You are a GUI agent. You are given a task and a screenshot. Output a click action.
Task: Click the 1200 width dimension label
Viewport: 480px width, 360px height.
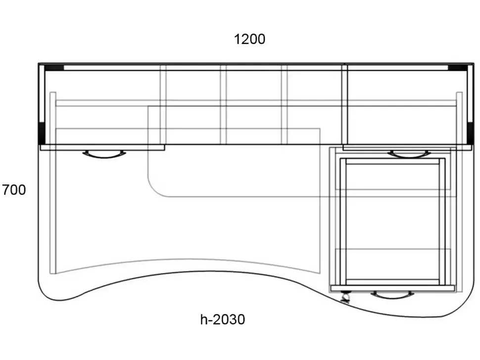[x=249, y=40]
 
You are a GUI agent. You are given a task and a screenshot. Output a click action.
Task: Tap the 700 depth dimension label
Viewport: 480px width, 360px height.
[x=14, y=190]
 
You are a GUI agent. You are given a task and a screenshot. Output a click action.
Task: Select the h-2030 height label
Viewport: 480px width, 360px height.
[x=223, y=319]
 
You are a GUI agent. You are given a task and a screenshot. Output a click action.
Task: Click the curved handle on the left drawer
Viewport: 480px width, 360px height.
[x=104, y=154]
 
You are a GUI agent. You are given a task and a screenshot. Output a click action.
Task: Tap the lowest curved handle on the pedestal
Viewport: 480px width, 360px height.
[x=392, y=295]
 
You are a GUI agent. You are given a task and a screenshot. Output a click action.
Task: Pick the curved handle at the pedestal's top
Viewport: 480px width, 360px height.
[x=409, y=154]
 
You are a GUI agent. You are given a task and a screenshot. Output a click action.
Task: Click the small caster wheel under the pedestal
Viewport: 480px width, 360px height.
[x=345, y=297]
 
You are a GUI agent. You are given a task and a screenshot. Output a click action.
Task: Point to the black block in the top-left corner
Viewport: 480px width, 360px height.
[x=54, y=68]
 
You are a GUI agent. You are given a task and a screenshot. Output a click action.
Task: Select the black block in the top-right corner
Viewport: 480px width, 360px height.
[x=458, y=68]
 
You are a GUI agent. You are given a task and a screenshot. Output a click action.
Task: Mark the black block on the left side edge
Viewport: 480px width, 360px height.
[x=42, y=133]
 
